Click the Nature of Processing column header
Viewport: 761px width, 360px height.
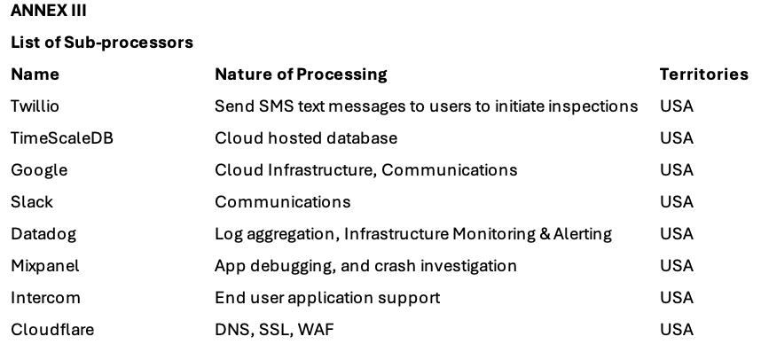click(301, 74)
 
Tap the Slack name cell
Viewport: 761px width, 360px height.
click(31, 202)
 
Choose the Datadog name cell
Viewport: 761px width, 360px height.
click(43, 234)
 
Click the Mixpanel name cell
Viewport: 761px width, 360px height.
click(45, 266)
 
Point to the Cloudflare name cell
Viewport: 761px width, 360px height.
click(51, 330)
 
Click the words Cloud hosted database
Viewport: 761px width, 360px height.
click(305, 138)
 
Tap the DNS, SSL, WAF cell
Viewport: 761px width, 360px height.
click(275, 330)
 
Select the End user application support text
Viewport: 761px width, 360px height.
click(327, 298)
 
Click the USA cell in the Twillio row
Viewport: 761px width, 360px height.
click(676, 106)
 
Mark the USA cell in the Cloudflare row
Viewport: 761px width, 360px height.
click(676, 330)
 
